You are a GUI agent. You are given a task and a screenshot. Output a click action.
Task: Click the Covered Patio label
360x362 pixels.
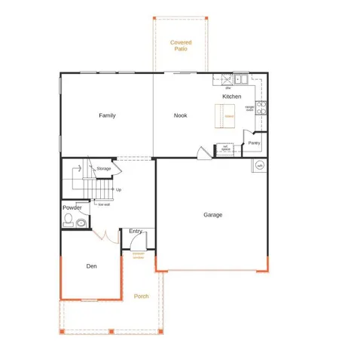click(x=181, y=45)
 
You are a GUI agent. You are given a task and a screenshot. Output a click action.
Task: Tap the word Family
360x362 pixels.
click(x=107, y=115)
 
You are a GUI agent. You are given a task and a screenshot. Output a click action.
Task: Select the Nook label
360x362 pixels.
click(x=181, y=115)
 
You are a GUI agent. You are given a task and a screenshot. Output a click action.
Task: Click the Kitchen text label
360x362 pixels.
click(x=232, y=97)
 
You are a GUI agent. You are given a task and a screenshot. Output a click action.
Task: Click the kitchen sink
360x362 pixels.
click(x=241, y=78)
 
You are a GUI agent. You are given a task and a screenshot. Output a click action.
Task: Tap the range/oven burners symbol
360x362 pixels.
click(x=261, y=108)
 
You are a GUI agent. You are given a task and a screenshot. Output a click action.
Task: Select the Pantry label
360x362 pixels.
click(x=255, y=143)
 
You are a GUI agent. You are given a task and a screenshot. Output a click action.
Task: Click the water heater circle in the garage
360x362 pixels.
click(x=260, y=165)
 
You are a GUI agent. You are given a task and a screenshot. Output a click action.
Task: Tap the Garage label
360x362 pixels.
click(x=212, y=215)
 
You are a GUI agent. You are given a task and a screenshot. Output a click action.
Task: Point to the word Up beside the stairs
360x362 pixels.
click(x=118, y=189)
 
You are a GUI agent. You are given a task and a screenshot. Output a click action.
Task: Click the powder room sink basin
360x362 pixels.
click(x=81, y=222)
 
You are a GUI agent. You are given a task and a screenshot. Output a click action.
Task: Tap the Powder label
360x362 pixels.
click(x=72, y=207)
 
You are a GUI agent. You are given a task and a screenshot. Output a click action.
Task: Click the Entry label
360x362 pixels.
click(x=136, y=231)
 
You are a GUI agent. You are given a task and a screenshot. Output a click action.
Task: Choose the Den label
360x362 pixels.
click(x=91, y=265)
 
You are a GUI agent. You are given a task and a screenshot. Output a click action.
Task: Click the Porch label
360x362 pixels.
click(x=141, y=296)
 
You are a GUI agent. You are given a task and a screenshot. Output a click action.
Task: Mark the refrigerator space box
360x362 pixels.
click(x=225, y=149)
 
